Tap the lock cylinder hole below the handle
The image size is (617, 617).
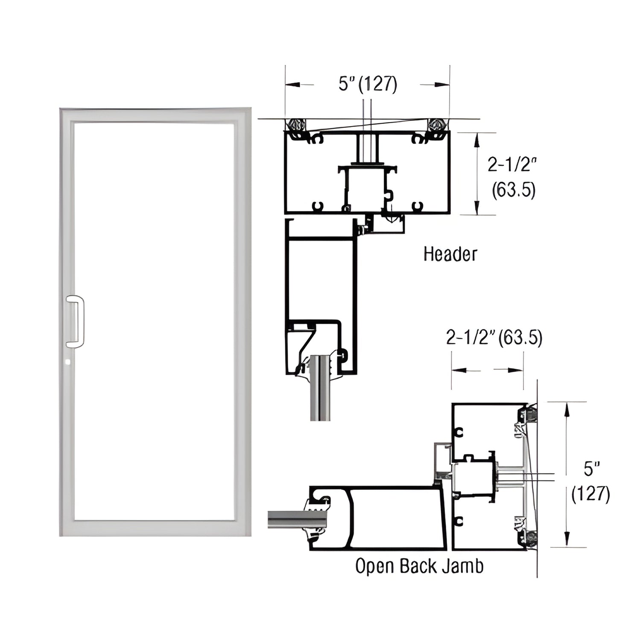[x=68, y=362]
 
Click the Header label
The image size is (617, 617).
[x=450, y=254]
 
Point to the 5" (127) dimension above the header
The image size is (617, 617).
[x=368, y=84]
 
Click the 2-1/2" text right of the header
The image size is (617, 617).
[x=512, y=164]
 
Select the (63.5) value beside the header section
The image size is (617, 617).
[x=513, y=190]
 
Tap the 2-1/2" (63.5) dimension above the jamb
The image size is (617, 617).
[x=494, y=338]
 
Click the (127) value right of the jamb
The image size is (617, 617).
[x=591, y=494]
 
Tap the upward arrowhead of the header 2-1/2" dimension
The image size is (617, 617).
[x=476, y=138]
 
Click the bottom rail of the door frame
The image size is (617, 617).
[x=155, y=528]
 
